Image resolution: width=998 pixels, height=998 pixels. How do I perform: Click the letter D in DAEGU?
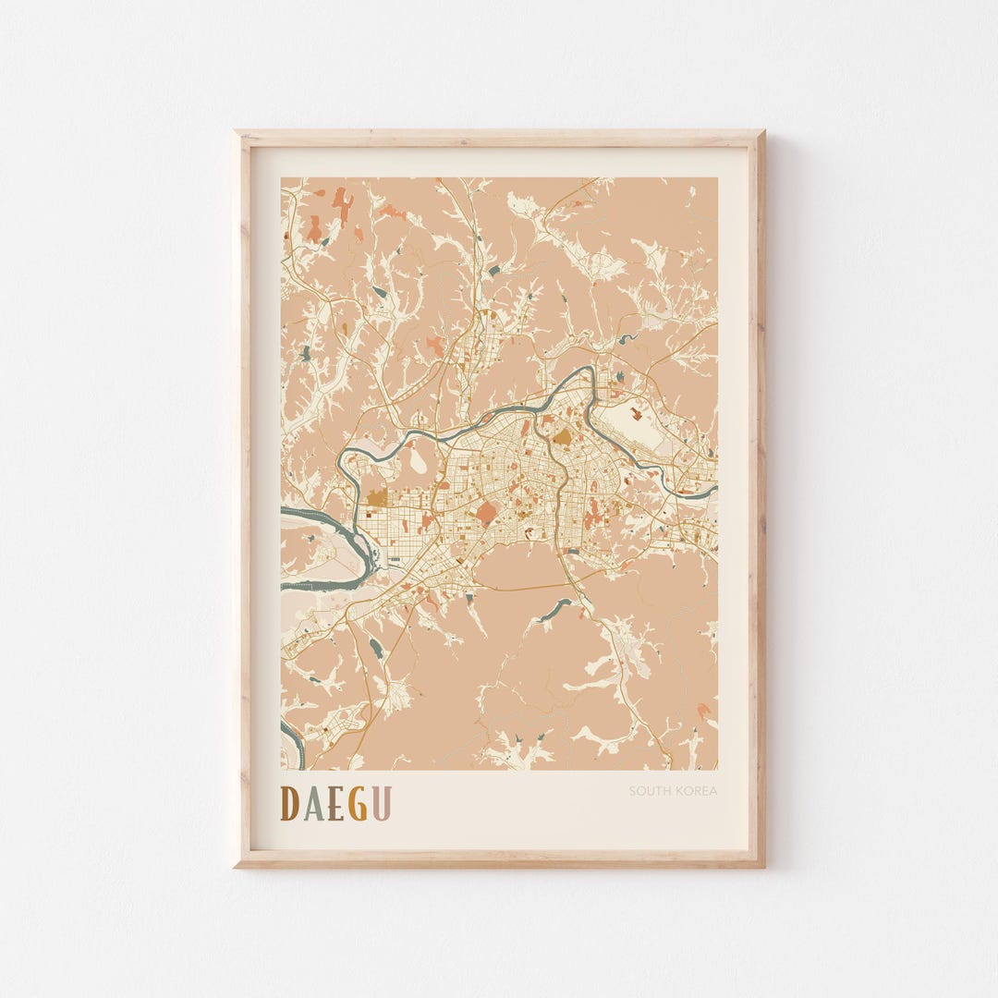(x=290, y=803)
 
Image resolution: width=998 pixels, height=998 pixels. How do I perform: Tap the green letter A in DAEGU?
(x=314, y=803)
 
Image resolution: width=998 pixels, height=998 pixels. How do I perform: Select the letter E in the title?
(x=335, y=803)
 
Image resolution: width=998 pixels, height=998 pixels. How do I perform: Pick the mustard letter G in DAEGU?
(x=358, y=803)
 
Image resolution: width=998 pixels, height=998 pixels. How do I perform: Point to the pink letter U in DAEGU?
(x=381, y=803)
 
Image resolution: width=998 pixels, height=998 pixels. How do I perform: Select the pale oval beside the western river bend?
(x=419, y=459)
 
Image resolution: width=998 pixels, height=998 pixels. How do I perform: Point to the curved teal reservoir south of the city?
(x=555, y=609)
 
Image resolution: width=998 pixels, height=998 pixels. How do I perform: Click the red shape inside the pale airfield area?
(x=636, y=413)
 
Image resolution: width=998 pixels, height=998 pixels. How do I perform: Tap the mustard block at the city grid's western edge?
(x=377, y=498)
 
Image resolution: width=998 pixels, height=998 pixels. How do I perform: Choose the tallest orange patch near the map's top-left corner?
(x=343, y=205)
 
